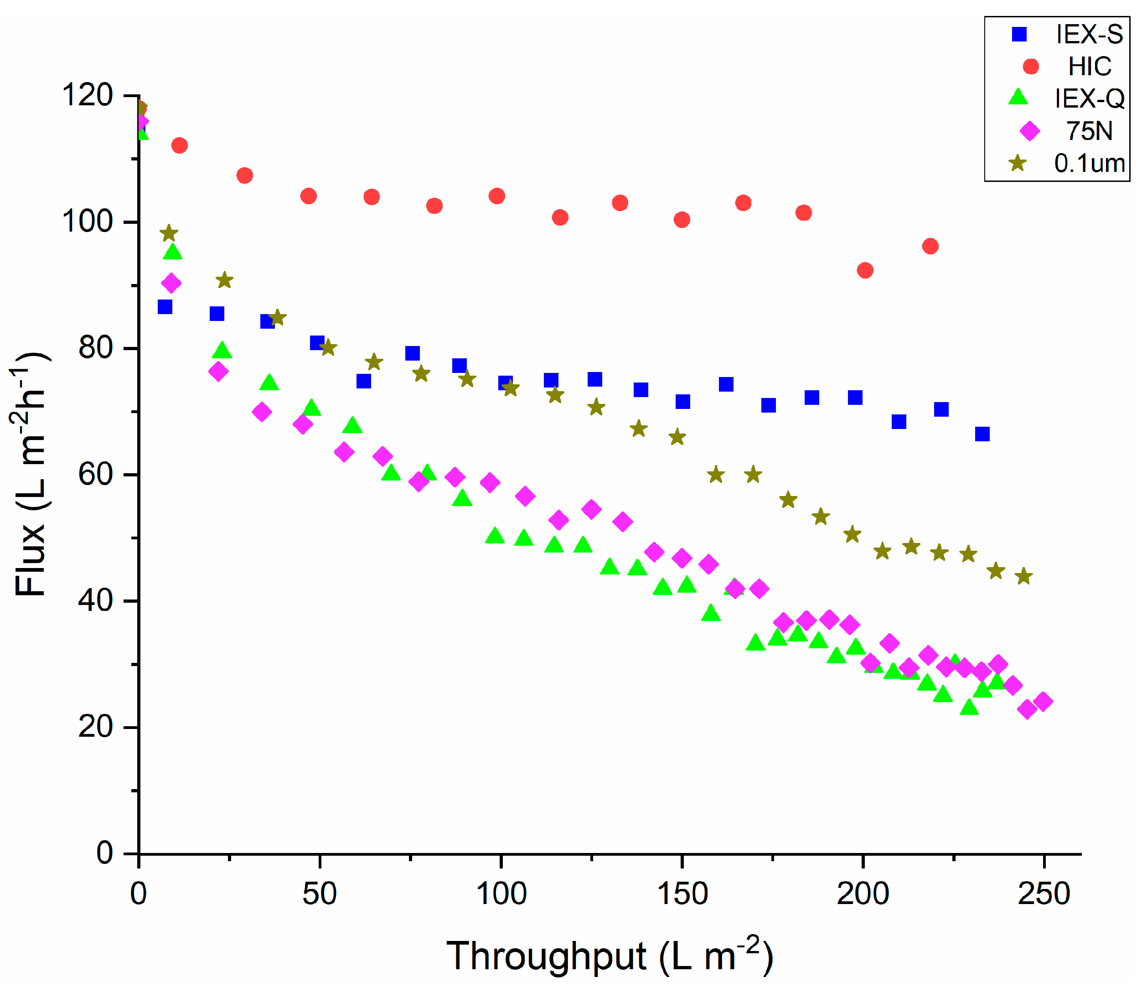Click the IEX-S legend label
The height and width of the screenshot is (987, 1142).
pyautogui.click(x=1089, y=35)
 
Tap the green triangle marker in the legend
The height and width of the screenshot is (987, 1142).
pyautogui.click(x=1018, y=98)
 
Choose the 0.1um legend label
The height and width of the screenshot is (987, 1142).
pyautogui.click(x=1089, y=163)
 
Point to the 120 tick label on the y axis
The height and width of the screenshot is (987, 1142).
pyautogui.click(x=88, y=95)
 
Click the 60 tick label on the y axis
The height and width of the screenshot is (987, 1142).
pyautogui.click(x=95, y=475)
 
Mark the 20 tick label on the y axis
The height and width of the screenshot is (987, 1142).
pyautogui.click(x=95, y=727)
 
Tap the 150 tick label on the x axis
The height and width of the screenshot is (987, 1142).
pyautogui.click(x=682, y=894)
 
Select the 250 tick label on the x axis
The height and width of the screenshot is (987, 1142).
pyautogui.click(x=1044, y=894)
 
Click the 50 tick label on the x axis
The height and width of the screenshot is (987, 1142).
pyautogui.click(x=319, y=894)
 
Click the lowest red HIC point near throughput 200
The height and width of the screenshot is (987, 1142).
pyautogui.click(x=865, y=270)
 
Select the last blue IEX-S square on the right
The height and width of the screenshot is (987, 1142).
pyautogui.click(x=982, y=434)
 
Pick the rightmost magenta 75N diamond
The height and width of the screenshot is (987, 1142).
pyautogui.click(x=1043, y=702)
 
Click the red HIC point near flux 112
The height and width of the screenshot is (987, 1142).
pyautogui.click(x=180, y=145)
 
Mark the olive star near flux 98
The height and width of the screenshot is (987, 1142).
pyautogui.click(x=169, y=233)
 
